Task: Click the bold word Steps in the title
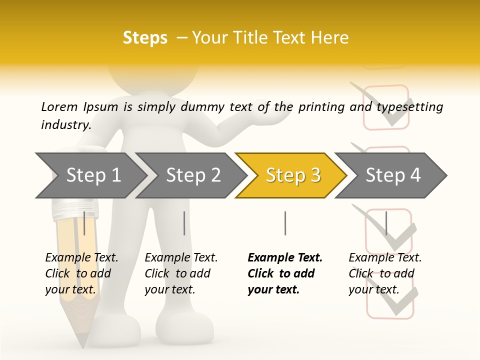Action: [145, 38]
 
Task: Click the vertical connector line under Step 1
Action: [84, 223]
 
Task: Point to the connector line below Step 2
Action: [184, 223]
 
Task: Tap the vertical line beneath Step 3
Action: [285, 223]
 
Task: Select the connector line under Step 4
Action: [386, 223]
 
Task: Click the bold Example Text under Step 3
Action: [284, 273]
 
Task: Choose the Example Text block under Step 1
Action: [81, 273]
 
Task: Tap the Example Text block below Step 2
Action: [181, 273]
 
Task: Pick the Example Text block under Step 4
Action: [384, 273]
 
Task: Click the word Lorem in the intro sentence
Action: [59, 107]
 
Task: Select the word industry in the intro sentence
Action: [65, 125]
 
